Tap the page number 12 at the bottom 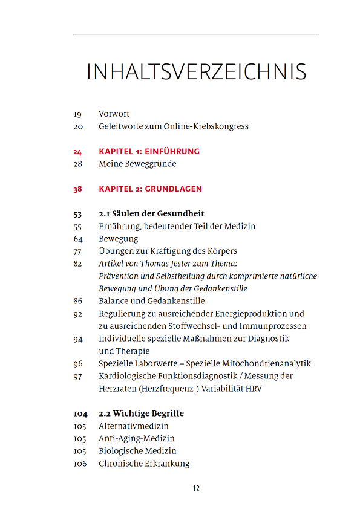pos(196,488)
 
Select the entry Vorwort pos(114,114)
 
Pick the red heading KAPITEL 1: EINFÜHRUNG pos(149,151)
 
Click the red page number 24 pos(77,152)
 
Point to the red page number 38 pos(77,189)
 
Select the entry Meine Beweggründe pos(137,164)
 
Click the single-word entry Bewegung pos(118,239)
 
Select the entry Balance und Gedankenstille pos(151,301)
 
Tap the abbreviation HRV pos(253,389)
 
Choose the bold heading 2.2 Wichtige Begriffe pos(141,413)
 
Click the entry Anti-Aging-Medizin pos(136,438)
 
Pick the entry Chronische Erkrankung pos(144,464)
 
